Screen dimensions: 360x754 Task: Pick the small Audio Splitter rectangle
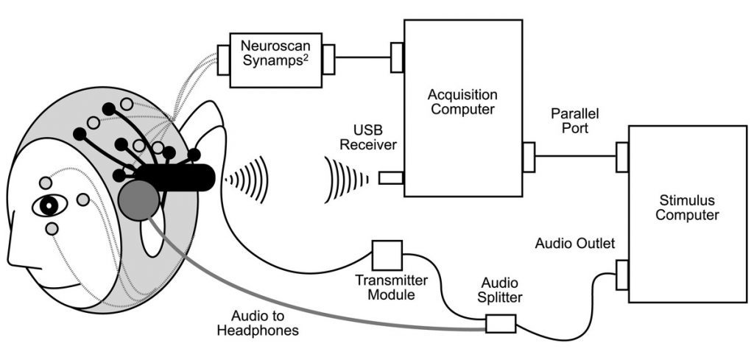pos(501,323)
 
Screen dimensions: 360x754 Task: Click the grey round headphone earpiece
pos(138,198)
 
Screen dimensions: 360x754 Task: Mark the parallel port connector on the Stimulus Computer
pos(622,156)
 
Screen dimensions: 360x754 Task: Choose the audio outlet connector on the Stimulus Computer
pos(622,274)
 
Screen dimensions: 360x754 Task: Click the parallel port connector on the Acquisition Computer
pos(529,156)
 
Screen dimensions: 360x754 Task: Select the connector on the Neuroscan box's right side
pos(328,59)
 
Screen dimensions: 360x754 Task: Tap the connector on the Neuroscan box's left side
pos(223,60)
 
